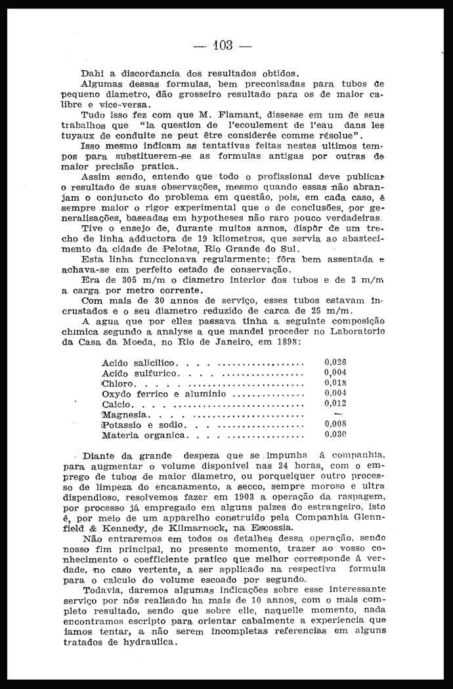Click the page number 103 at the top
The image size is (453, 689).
click(x=223, y=45)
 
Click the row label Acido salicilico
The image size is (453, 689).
click(x=138, y=363)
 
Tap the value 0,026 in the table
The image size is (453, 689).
click(x=335, y=362)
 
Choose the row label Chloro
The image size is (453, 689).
click(x=118, y=384)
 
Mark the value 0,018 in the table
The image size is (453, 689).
click(x=335, y=383)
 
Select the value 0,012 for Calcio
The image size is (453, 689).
click(x=335, y=404)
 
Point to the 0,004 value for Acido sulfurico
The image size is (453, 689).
click(x=335, y=372)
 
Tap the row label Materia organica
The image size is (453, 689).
click(x=145, y=435)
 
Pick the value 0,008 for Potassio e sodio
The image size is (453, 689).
click(x=335, y=424)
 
